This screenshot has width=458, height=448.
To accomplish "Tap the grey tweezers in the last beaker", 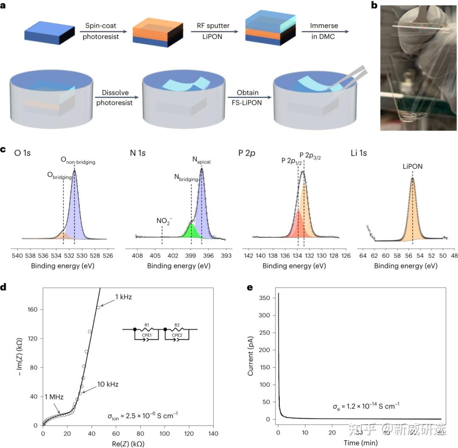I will (348, 78).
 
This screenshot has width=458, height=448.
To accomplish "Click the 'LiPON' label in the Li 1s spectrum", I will (412, 167).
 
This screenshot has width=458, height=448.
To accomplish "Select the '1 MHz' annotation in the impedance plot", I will (54, 397).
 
